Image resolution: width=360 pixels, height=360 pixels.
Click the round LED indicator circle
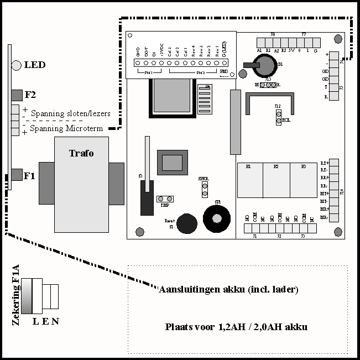pos(16,65)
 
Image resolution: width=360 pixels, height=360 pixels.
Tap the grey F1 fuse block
pos(16,176)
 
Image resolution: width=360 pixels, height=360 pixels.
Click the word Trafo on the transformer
pos(81,153)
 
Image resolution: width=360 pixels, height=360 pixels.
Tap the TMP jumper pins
pos(165,199)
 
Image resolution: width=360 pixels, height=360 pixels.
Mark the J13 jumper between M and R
pos(268,85)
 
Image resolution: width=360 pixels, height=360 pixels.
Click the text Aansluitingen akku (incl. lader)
pos(228,290)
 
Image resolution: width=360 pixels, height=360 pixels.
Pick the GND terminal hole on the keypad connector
pos(138,62)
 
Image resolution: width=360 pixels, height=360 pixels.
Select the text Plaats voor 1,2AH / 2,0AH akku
pos(236,327)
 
